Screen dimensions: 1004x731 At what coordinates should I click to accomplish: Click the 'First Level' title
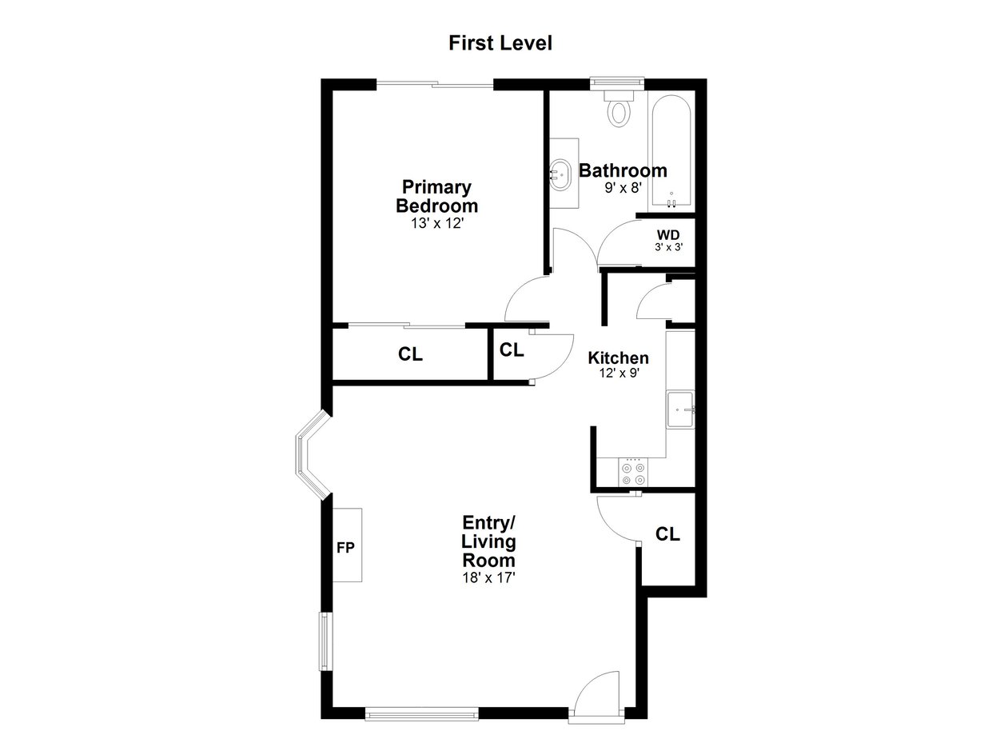pos(500,43)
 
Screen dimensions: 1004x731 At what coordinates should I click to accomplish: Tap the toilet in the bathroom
pos(619,108)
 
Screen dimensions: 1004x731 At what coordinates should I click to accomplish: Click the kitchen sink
pos(680,410)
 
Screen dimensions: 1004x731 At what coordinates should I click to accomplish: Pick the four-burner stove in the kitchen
pos(633,472)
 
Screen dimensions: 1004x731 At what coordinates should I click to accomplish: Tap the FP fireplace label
pos(345,547)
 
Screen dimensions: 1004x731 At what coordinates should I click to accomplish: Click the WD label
pos(668,234)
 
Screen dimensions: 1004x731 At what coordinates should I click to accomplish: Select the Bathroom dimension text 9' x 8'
pos(623,187)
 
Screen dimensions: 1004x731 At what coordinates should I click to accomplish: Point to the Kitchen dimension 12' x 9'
pos(619,373)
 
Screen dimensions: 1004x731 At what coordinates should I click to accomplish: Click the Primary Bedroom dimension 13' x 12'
pos(437,223)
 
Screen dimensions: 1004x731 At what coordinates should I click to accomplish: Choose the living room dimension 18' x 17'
pos(488,577)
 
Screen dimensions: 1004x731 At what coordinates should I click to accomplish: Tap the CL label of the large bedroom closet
pos(410,354)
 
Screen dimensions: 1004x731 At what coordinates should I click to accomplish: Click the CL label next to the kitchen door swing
pos(512,350)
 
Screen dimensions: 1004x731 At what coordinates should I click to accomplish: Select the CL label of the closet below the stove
pos(667,533)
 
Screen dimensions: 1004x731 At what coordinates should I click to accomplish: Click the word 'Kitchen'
pos(618,358)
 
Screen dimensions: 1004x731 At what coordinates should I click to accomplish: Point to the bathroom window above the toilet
pos(617,81)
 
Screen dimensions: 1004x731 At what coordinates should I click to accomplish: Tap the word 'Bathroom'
pos(623,170)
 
